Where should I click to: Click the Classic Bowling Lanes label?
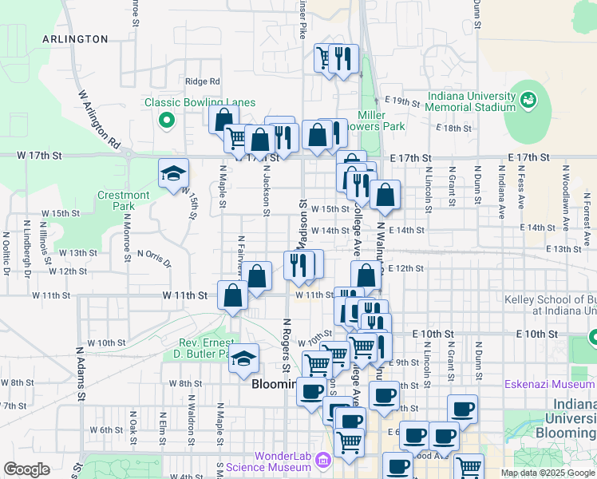200,102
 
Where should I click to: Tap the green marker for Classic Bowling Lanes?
166,121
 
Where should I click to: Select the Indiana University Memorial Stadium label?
471,102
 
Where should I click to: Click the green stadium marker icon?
527,101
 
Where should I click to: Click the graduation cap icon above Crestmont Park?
172,173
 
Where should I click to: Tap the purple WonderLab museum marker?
322,461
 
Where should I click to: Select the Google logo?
26,469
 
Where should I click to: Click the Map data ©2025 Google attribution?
548,473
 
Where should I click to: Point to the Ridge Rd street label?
202,81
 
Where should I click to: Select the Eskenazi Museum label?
549,384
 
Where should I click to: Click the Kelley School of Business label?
551,305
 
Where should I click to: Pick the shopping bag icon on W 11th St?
232,296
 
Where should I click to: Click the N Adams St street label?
80,373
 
